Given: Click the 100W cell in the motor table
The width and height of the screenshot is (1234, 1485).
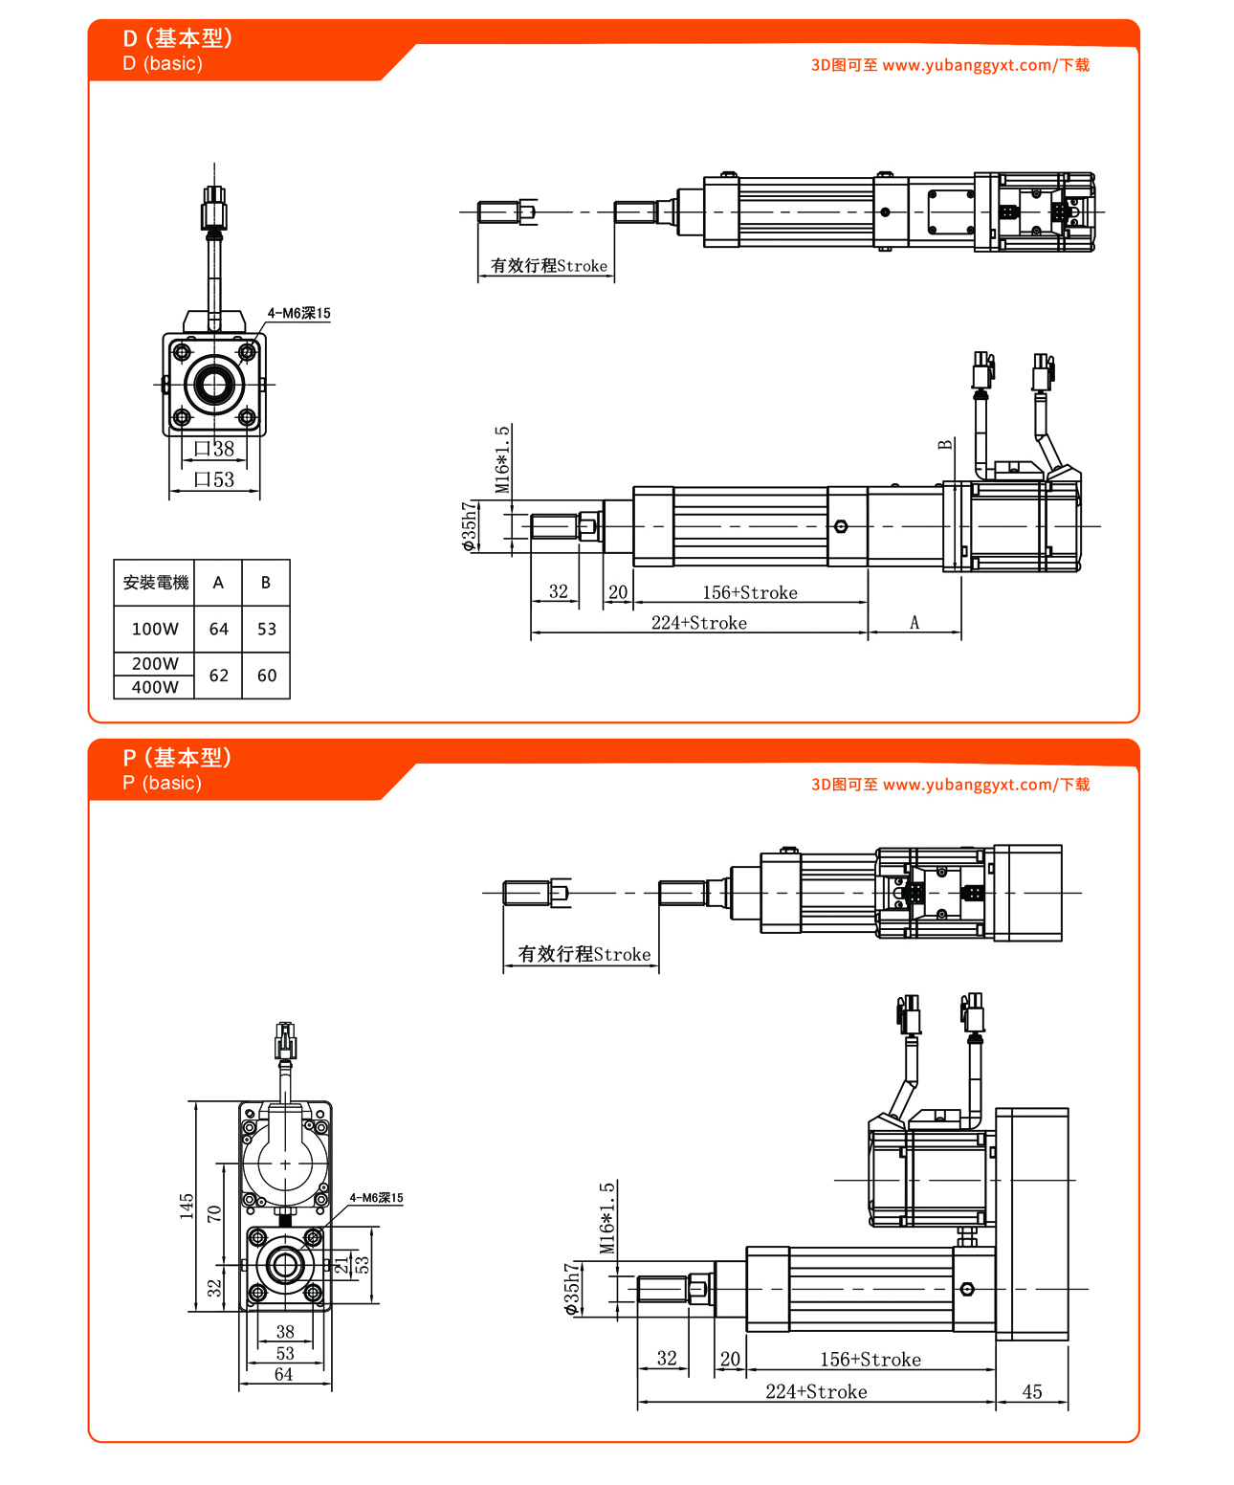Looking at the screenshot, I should point(155,629).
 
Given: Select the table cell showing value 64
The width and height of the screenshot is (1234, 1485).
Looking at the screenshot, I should point(219,629).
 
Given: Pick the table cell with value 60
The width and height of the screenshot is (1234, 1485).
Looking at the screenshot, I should point(267,676).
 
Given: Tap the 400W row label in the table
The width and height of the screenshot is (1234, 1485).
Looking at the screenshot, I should point(155,687).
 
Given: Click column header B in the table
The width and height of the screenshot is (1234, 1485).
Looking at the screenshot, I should point(266,582).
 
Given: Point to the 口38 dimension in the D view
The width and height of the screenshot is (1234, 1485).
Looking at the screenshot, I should point(214,449).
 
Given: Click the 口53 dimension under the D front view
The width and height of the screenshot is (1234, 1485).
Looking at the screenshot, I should point(214,479).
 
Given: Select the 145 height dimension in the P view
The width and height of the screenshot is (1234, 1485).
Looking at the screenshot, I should point(187,1205).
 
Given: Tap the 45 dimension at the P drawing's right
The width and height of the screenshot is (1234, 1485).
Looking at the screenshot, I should point(1032,1391).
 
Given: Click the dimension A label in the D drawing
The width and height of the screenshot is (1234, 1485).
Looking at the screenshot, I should point(914,623).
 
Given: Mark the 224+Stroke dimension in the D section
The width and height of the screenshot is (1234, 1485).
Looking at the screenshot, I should point(699,623).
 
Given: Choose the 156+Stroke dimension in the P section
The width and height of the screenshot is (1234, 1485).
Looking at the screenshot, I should point(870,1360).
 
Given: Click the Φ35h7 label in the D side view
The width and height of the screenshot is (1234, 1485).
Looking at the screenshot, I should point(469,526).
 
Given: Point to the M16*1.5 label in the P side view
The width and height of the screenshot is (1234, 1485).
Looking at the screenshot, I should point(607,1218).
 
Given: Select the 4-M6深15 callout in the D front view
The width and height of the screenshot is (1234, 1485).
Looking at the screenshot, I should point(298,313).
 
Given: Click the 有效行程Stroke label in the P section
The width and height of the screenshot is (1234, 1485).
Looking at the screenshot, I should point(584,954).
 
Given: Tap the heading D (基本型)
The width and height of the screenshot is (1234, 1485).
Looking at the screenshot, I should point(178,38).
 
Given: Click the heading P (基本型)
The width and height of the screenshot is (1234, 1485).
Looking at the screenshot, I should point(177,758).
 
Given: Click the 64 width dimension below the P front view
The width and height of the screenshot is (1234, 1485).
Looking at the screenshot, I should point(284,1375).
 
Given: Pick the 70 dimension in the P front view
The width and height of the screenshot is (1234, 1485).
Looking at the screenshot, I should point(214,1213).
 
